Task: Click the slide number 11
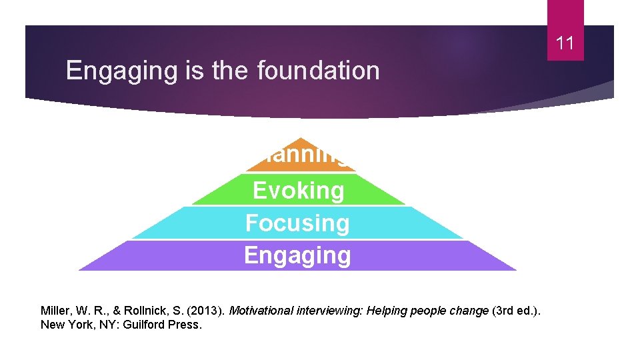tap(565, 44)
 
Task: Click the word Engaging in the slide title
tap(125, 70)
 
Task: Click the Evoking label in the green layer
tap(299, 191)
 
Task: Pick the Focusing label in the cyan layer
tap(297, 223)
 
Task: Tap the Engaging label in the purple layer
tap(297, 255)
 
